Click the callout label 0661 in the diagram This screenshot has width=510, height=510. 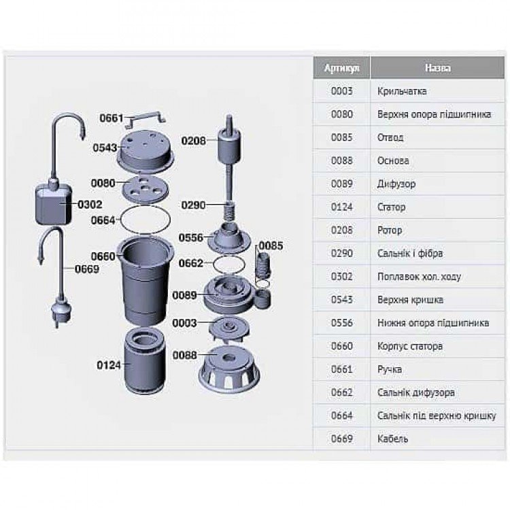[x=112, y=118]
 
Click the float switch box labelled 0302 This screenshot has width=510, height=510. [x=54, y=204]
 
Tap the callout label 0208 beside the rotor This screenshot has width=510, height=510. [x=194, y=141]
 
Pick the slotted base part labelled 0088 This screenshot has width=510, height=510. [x=229, y=367]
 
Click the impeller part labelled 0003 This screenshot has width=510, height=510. [x=230, y=328]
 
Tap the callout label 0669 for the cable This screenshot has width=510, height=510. [x=87, y=269]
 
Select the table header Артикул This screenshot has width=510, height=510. [x=341, y=68]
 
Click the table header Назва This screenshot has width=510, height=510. [x=437, y=68]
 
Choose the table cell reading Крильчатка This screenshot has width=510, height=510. [x=402, y=91]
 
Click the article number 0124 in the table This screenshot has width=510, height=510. [x=341, y=207]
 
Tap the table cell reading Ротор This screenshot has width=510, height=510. [x=390, y=231]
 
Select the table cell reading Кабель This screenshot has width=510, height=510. [x=392, y=439]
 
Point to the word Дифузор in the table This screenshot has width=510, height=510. [x=396, y=184]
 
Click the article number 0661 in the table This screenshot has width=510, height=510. [x=341, y=369]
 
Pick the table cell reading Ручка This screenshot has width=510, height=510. [x=390, y=369]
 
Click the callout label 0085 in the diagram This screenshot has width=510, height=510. [x=271, y=246]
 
